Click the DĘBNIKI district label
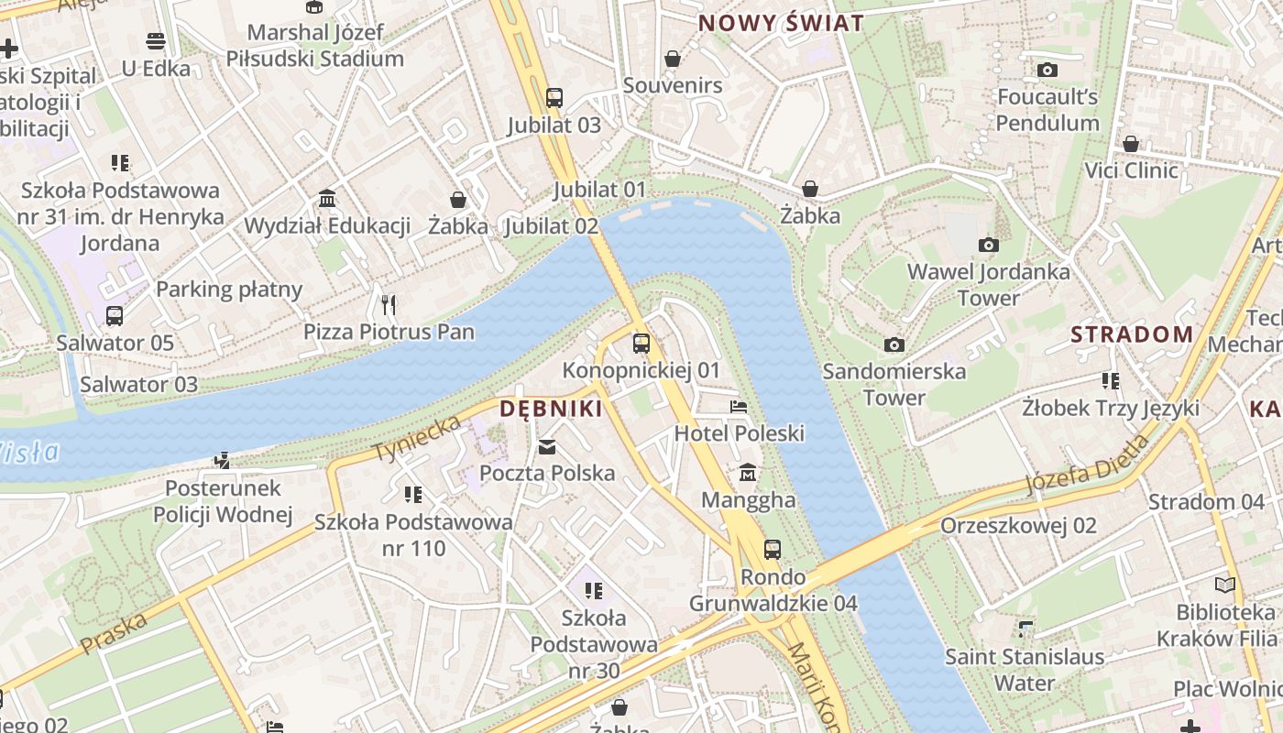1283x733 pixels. pyautogui.click(x=551, y=409)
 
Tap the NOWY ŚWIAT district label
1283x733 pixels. pyautogui.click(x=781, y=24)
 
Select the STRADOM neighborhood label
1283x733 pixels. pyautogui.click(x=1132, y=334)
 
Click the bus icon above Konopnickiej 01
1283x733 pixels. pyautogui.click(x=641, y=344)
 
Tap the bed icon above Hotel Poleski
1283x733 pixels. pyautogui.click(x=739, y=406)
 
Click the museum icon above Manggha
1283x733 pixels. pyautogui.click(x=748, y=473)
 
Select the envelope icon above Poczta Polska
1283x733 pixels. pyautogui.click(x=547, y=446)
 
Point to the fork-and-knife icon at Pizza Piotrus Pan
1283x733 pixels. pyautogui.click(x=389, y=304)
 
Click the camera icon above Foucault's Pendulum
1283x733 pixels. pyautogui.click(x=1047, y=70)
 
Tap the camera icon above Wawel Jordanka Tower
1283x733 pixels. pyautogui.click(x=988, y=245)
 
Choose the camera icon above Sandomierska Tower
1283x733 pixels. pyautogui.click(x=894, y=345)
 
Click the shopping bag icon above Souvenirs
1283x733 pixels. pyautogui.click(x=673, y=59)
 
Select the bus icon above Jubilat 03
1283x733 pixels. pyautogui.click(x=554, y=97)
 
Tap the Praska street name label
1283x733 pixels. pyautogui.click(x=114, y=633)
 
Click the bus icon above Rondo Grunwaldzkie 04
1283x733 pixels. pyautogui.click(x=773, y=550)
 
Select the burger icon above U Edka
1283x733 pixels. pyautogui.click(x=155, y=41)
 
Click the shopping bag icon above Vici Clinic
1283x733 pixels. pyautogui.click(x=1131, y=144)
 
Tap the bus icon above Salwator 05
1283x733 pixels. pyautogui.click(x=115, y=316)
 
